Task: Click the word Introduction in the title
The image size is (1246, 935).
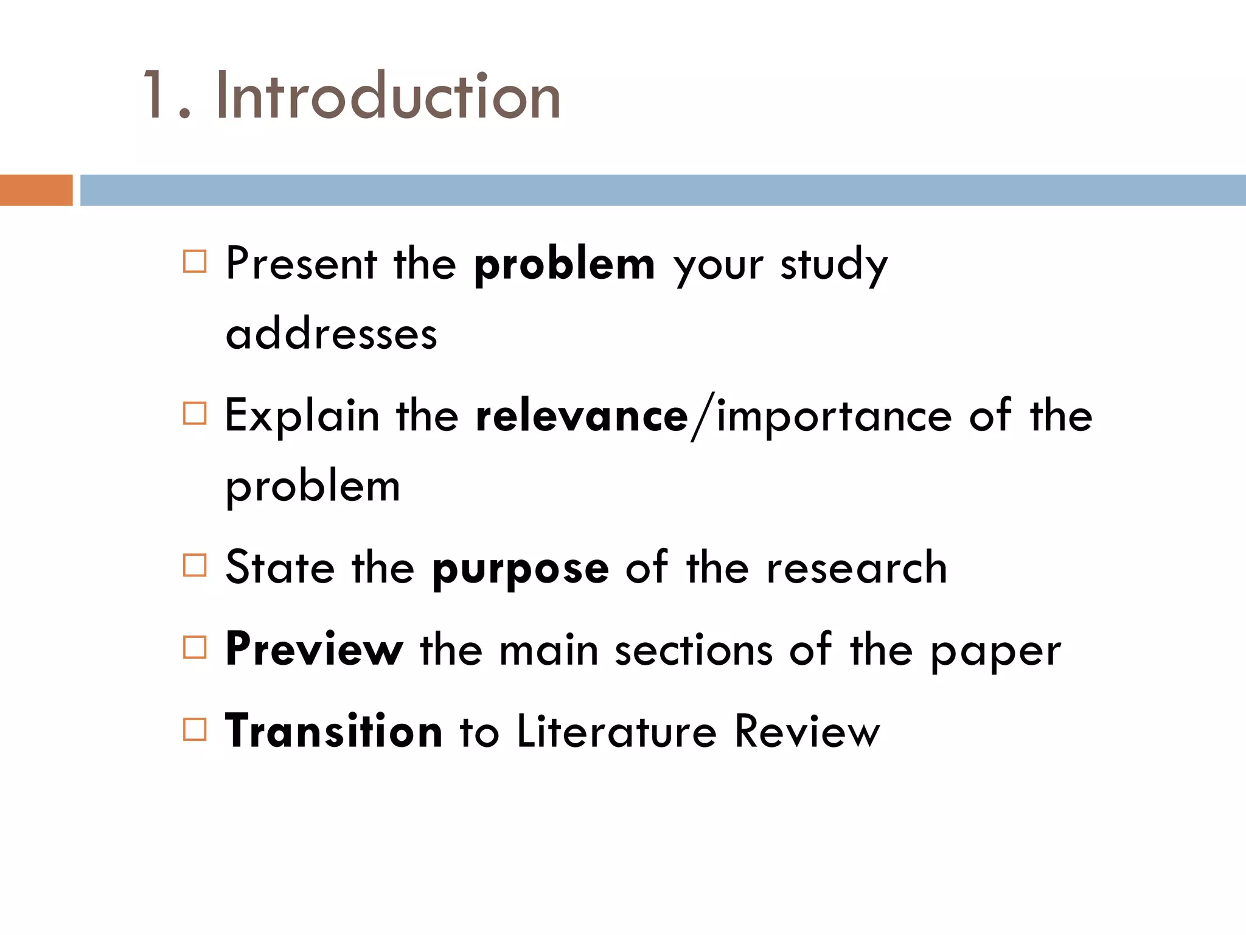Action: pyautogui.click(x=388, y=96)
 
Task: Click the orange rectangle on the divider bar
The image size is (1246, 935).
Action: pyautogui.click(x=37, y=190)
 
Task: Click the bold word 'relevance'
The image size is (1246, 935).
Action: pyautogui.click(x=582, y=416)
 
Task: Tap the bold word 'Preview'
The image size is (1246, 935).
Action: pyautogui.click(x=314, y=650)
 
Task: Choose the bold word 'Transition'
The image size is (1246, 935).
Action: pyautogui.click(x=334, y=731)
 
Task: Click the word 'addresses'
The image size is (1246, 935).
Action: pyautogui.click(x=332, y=334)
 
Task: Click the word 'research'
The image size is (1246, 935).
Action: pyautogui.click(x=857, y=568)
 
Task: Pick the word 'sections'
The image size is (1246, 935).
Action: pyautogui.click(x=694, y=650)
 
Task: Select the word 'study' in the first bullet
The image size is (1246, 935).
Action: pyautogui.click(x=834, y=265)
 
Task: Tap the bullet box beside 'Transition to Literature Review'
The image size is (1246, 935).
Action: pyautogui.click(x=195, y=729)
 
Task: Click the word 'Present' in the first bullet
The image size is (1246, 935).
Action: pyautogui.click(x=302, y=264)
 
